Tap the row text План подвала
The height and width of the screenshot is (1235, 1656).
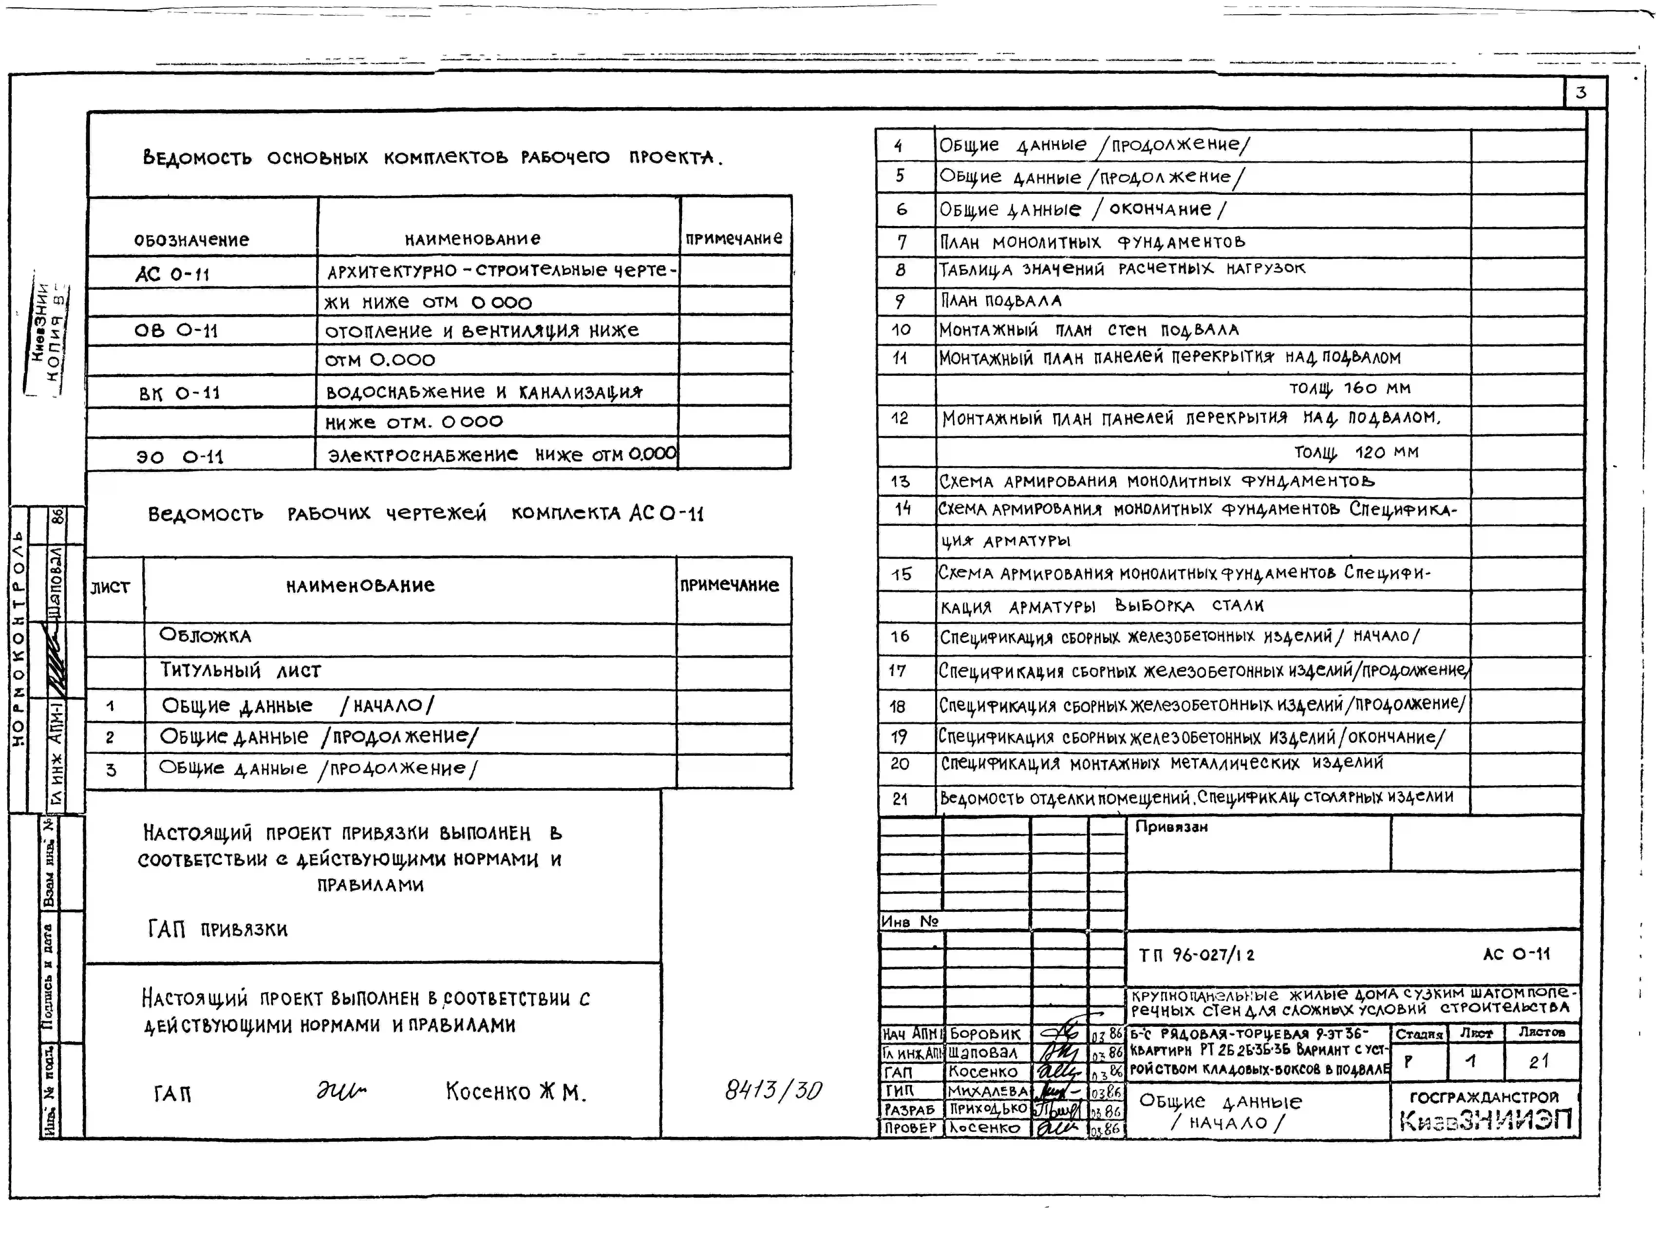point(1000,301)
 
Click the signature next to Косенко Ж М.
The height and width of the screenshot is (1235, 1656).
point(341,1092)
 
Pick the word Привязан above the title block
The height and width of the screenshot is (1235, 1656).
point(1171,827)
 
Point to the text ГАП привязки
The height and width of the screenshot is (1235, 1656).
point(217,929)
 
